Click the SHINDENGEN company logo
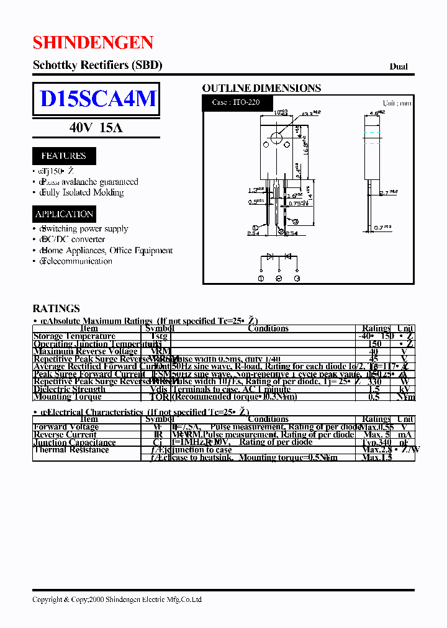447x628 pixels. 93,43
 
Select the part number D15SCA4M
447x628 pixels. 97,99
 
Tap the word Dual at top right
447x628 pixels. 399,66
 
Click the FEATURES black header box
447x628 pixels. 63,156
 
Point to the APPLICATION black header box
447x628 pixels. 65,214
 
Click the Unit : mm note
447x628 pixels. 397,103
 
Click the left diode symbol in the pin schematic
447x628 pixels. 270,256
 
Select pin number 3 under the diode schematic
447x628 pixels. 297,279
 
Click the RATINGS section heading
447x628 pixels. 56,308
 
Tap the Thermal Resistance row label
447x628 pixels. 71,450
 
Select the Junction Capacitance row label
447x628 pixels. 74,442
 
